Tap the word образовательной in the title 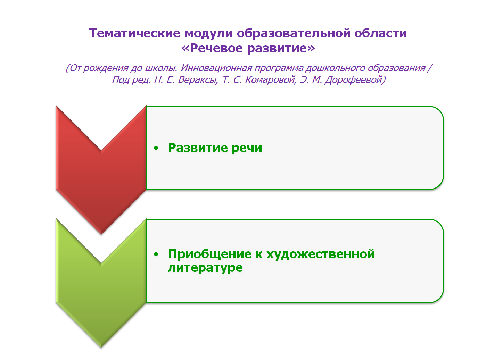pos(294,34)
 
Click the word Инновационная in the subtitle pos(216,68)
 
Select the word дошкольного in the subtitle pos(335,68)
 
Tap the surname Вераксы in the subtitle pos(198,80)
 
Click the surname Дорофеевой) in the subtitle pos(355,80)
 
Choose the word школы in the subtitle pos(161,68)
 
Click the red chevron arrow pos(101,170)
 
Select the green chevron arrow pos(101,283)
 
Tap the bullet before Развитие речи pos(156,148)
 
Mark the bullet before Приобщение pos(156,254)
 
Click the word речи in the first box pos(247,148)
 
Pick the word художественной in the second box pos(321,254)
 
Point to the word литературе pos(205,268)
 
